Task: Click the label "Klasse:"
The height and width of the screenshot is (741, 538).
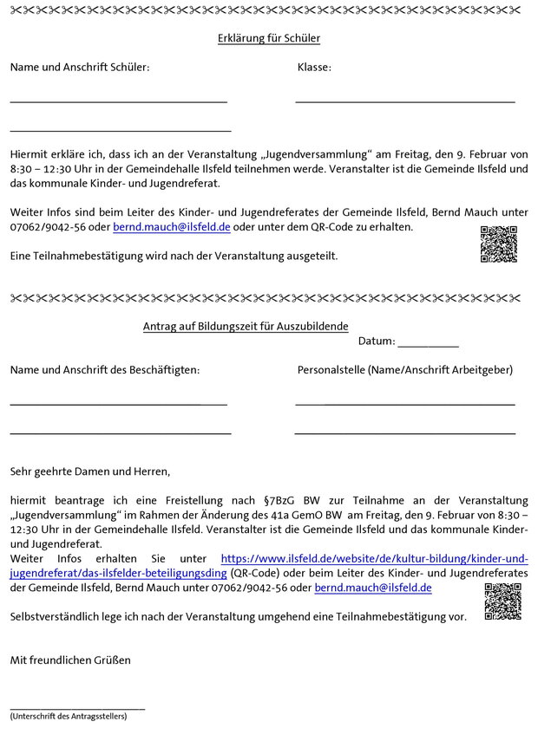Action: [314, 68]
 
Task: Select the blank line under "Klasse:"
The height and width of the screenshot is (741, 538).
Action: [404, 102]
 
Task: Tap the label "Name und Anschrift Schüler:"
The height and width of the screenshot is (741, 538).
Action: [80, 68]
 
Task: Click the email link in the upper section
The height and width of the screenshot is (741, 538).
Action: [172, 227]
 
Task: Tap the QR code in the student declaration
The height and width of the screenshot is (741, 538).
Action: [498, 244]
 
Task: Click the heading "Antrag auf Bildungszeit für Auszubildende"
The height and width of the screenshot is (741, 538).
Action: [246, 326]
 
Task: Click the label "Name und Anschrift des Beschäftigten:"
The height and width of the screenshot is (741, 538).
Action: [105, 370]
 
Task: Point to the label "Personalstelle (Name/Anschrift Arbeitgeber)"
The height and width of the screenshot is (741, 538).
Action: [404, 370]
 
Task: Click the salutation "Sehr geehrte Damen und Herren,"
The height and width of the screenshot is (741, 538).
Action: [91, 472]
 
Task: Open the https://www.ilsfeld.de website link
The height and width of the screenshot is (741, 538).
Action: [374, 559]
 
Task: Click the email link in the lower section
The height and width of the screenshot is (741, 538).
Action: [373, 588]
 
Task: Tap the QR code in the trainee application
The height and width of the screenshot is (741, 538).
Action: [502, 601]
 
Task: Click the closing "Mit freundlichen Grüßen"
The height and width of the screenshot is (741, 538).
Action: [70, 660]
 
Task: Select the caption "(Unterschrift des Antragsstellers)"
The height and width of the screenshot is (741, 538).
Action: [69, 717]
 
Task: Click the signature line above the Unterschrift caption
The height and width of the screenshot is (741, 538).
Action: [77, 709]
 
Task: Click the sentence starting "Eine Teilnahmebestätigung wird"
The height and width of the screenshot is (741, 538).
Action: [174, 256]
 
